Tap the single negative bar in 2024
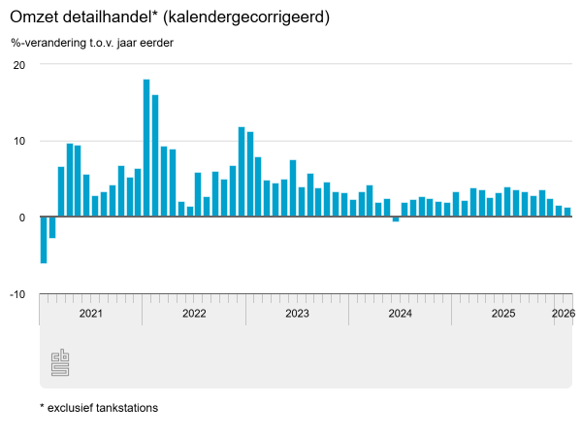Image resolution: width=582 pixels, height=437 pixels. tap(396, 219)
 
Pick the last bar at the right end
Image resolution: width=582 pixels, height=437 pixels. tap(567, 213)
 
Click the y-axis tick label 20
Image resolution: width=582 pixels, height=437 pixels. tap(18, 65)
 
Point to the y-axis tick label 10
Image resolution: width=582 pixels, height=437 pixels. tap(18, 141)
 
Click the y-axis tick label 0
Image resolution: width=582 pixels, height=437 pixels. tap(21, 218)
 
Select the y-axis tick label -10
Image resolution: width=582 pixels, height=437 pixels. tap(16, 293)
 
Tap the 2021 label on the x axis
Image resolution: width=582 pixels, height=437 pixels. tap(90, 313)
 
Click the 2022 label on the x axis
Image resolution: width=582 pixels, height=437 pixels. tap(194, 313)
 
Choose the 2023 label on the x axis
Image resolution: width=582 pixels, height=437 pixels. tap(297, 313)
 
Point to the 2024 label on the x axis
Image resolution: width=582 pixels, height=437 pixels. tap(401, 313)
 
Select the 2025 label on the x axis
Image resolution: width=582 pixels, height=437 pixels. tap(503, 313)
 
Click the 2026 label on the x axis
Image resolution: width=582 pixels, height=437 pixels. tap(563, 313)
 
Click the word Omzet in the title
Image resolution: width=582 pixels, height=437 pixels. tap(35, 17)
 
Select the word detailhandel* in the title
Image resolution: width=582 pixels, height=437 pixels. tap(113, 17)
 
